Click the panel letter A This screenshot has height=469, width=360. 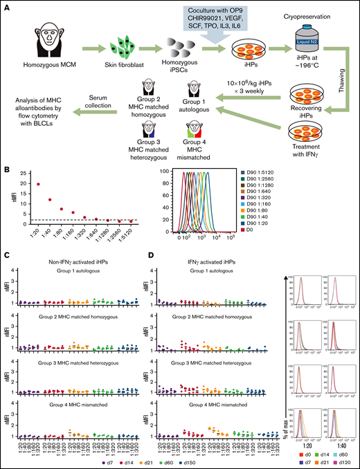pyautogui.click(x=6, y=6)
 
